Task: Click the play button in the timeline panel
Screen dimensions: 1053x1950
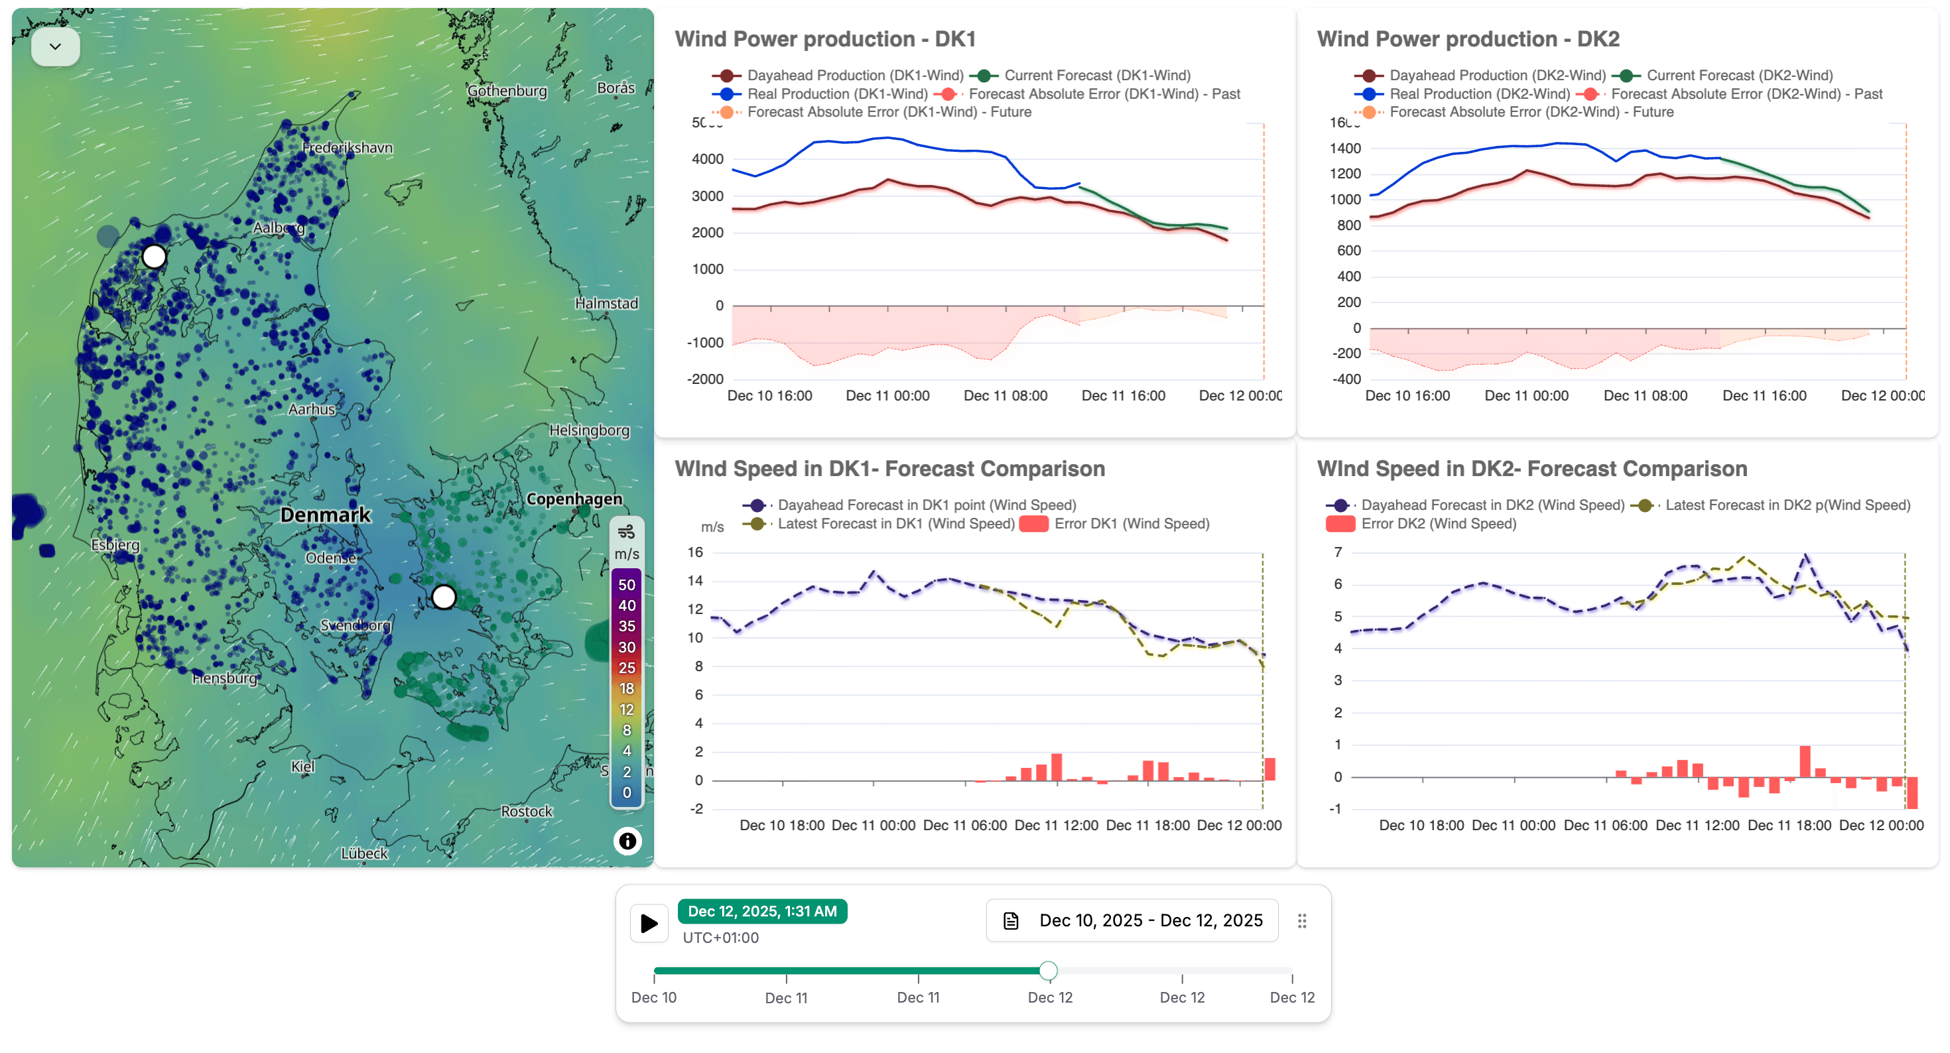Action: (x=649, y=923)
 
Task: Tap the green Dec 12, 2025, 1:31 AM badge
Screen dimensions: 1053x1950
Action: (x=761, y=912)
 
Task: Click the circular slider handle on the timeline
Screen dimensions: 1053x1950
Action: (x=1048, y=971)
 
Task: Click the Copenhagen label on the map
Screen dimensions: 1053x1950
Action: (x=574, y=499)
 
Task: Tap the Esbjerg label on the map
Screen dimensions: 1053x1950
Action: (x=115, y=545)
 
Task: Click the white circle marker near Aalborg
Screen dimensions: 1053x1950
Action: (x=155, y=257)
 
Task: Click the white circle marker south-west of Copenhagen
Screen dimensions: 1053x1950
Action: (x=444, y=597)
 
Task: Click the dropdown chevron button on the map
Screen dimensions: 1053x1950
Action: (x=55, y=47)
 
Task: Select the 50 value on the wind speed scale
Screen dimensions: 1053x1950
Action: (x=626, y=585)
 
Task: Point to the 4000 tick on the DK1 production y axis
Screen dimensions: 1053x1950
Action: (x=707, y=159)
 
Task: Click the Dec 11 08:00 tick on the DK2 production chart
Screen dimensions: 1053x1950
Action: (x=1645, y=396)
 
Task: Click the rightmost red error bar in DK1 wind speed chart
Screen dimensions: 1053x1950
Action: (x=1269, y=769)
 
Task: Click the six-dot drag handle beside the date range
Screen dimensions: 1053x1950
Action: (x=1301, y=920)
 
